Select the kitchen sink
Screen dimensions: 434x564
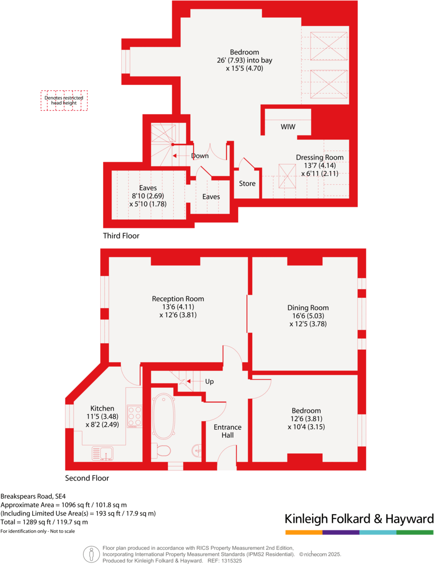coord(103,454)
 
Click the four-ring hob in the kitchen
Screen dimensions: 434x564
coord(134,417)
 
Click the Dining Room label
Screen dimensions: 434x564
coord(308,308)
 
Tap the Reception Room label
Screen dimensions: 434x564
coord(178,299)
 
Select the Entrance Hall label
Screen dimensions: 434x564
coord(228,431)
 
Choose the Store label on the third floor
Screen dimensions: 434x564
coord(247,184)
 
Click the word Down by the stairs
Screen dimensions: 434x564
coord(200,156)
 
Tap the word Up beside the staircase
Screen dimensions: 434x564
coord(209,382)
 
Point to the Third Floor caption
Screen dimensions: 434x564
coord(121,235)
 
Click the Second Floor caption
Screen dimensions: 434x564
coord(87,478)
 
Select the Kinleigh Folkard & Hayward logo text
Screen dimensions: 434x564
coord(359,519)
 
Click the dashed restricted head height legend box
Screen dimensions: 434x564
coord(64,100)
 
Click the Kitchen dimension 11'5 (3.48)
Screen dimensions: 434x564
coord(102,417)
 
